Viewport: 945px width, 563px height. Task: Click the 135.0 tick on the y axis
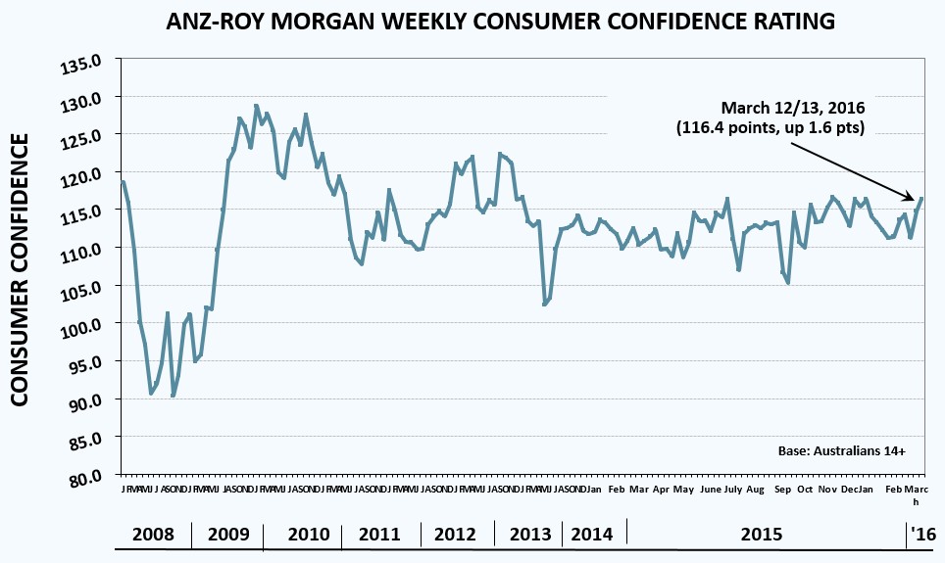[82, 64]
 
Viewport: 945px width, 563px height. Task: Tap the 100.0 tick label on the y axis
[82, 324]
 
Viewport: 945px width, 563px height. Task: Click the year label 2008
[153, 535]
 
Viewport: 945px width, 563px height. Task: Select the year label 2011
[379, 535]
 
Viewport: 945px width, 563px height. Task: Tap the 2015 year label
[762, 535]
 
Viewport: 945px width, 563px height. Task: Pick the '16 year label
[922, 535]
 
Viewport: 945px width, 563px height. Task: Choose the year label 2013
[530, 535]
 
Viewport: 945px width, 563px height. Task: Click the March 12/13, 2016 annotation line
[794, 108]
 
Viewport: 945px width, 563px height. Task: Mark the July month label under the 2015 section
[731, 489]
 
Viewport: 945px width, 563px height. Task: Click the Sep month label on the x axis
[783, 489]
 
